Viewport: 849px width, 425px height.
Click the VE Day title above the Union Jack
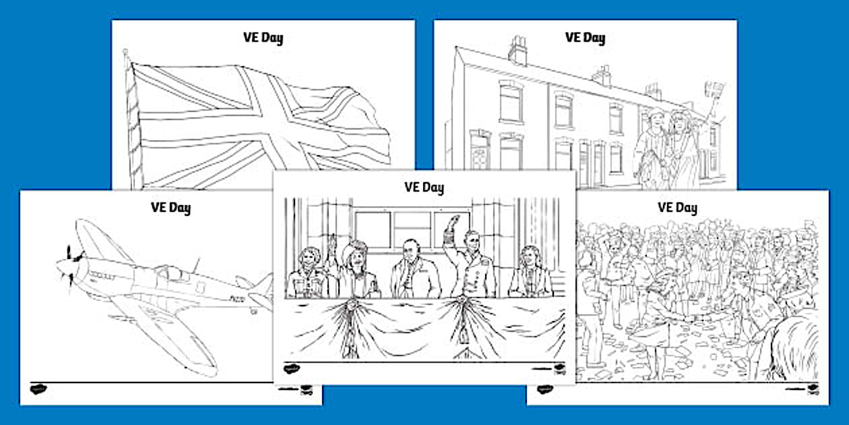pos(263,37)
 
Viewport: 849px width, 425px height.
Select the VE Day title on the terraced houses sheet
pos(584,37)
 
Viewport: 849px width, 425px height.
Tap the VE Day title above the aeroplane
pos(170,207)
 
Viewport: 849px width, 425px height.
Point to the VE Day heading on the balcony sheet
pos(424,187)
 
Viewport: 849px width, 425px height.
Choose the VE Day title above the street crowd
pos(677,207)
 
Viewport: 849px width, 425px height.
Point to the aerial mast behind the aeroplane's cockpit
pos(197,262)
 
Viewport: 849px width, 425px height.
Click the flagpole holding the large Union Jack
pos(133,121)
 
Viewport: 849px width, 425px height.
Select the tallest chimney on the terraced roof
pos(518,51)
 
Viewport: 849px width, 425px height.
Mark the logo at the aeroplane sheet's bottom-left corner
pos(38,389)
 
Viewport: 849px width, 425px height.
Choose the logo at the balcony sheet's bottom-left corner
pos(291,368)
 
